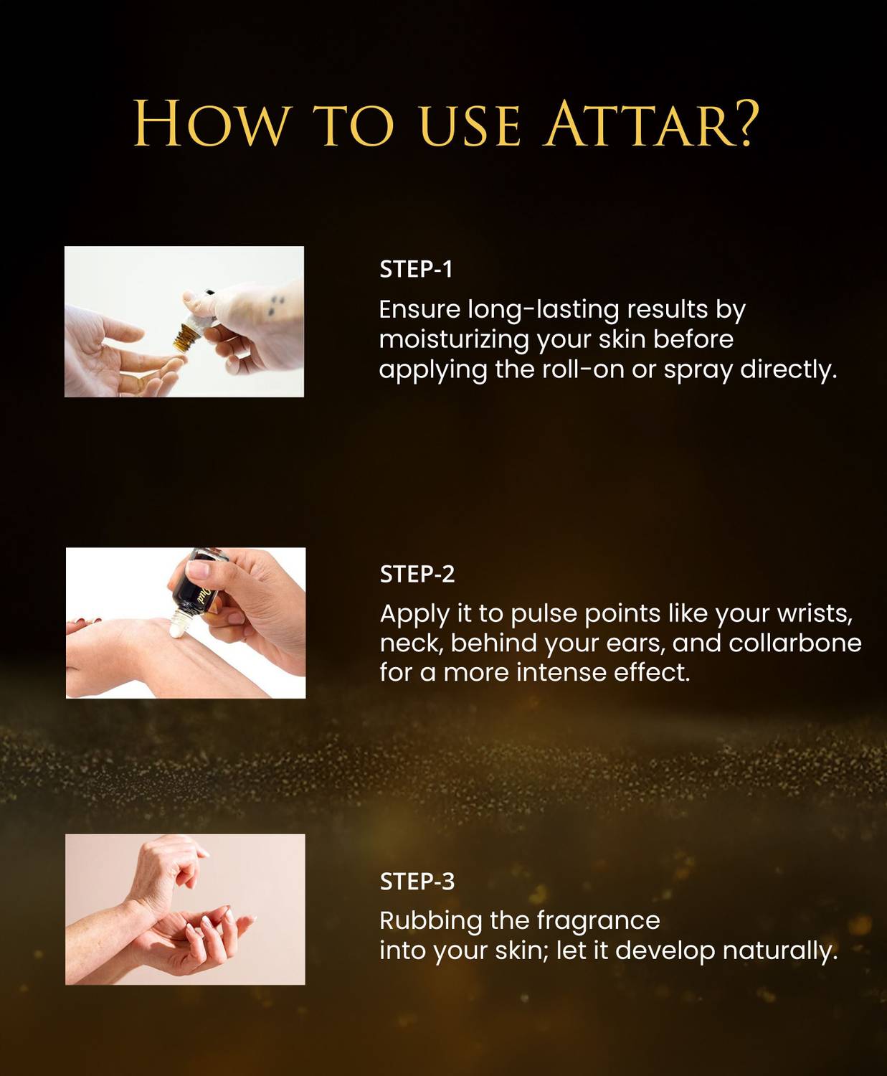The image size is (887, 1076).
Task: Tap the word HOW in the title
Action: pos(210,124)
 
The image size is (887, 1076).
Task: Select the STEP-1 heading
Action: pos(416,270)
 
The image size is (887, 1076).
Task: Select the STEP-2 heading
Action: pos(417,574)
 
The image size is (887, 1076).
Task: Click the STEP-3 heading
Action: pos(417,882)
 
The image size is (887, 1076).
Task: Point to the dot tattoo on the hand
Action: pos(275,304)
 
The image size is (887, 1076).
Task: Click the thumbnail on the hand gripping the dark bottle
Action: pos(198,570)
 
